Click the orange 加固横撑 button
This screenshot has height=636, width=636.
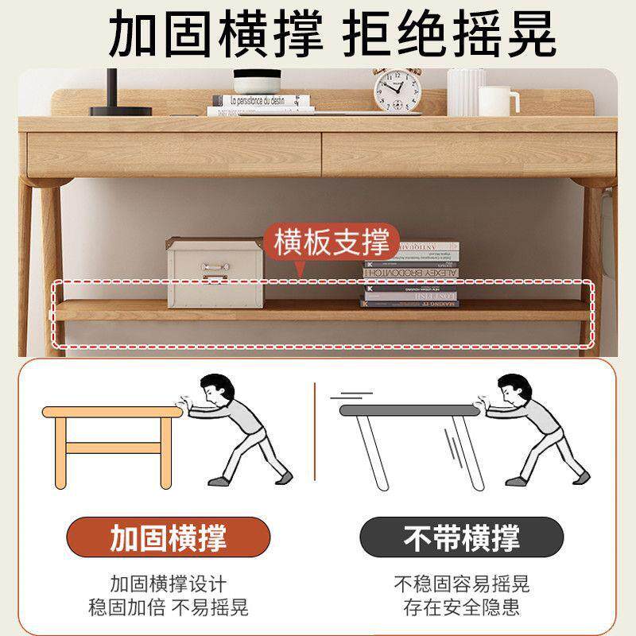point(168,538)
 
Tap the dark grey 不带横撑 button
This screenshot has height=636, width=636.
point(462,538)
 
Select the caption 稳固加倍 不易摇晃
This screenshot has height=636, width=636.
point(168,608)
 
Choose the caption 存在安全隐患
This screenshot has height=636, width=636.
point(462,608)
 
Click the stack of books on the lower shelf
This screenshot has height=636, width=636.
point(411,275)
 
